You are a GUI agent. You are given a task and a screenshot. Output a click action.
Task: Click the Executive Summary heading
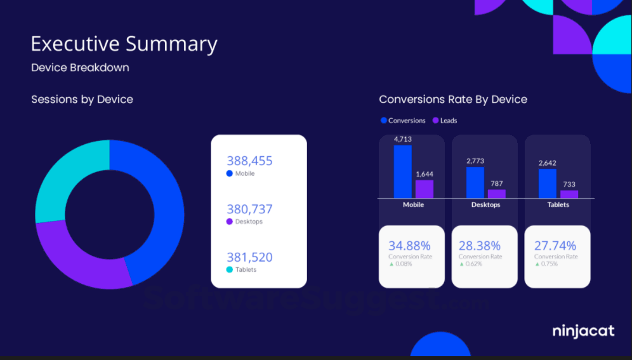coord(124,44)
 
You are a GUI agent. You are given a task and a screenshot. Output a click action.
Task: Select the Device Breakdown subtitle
coord(80,67)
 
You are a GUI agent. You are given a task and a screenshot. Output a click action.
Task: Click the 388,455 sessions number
coord(249,161)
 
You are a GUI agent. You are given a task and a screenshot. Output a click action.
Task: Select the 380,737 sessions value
coord(249,209)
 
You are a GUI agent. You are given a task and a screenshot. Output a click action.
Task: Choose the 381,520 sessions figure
coord(249,257)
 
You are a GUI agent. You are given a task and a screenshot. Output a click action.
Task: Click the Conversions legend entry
coord(403,121)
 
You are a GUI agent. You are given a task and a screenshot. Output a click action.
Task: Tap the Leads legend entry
coord(445,121)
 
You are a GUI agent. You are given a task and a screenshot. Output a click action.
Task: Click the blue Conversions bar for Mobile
coord(402,171)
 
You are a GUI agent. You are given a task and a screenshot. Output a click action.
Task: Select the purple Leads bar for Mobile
coord(425,189)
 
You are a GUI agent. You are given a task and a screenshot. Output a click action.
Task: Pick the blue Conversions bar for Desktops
coord(475,182)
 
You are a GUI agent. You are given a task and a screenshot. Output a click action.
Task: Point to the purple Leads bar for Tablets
coord(569,194)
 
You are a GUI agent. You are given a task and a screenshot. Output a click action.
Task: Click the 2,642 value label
coord(548,163)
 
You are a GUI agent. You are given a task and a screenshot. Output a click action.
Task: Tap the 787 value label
coord(497,183)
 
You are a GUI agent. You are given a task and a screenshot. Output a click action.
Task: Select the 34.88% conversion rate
coord(409,246)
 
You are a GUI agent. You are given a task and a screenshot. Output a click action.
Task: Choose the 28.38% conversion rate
coord(479,246)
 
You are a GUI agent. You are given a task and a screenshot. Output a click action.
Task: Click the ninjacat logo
coord(583,331)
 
